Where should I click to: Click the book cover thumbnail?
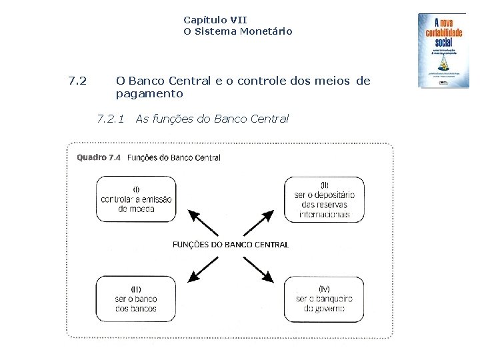[443, 51]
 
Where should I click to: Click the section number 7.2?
[77, 81]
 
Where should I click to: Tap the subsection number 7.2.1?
[110, 119]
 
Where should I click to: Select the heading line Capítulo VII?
[215, 20]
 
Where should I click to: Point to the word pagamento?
[149, 94]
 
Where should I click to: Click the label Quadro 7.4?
[99, 158]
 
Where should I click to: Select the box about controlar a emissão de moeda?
[136, 199]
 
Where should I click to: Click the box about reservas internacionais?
[324, 199]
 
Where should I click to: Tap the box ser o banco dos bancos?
[136, 299]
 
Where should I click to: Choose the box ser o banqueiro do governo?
[324, 299]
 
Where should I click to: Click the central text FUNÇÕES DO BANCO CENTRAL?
[230, 245]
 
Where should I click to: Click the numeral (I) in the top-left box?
[136, 189]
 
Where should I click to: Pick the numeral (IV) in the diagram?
[324, 289]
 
